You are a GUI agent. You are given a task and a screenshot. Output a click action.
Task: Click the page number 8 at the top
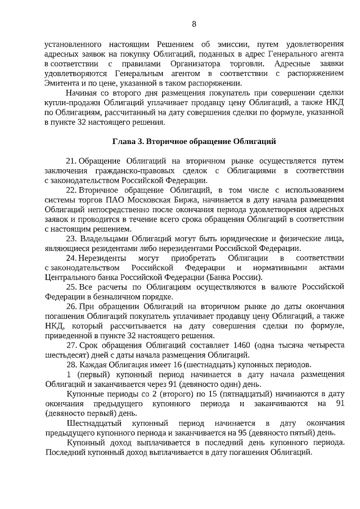click(x=194, y=24)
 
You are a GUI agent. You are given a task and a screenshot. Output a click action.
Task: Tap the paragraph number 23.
click(x=73, y=238)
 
